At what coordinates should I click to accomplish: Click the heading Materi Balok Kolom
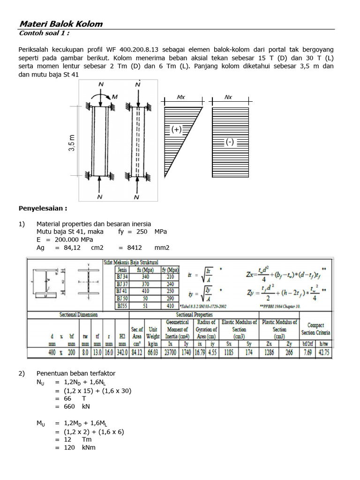click(60, 24)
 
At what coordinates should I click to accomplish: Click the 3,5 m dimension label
click(72, 143)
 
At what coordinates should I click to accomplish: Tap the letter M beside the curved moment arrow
click(115, 97)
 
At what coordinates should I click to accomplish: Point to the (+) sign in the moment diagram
click(177, 130)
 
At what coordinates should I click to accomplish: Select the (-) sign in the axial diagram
click(230, 142)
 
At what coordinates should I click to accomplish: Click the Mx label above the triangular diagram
click(181, 97)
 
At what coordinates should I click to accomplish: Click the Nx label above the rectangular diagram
click(228, 97)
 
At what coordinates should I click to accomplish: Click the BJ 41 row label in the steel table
click(123, 291)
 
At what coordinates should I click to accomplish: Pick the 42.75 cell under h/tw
click(323, 352)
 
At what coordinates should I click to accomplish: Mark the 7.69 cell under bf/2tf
click(307, 352)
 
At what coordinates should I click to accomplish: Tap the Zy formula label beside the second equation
click(252, 292)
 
